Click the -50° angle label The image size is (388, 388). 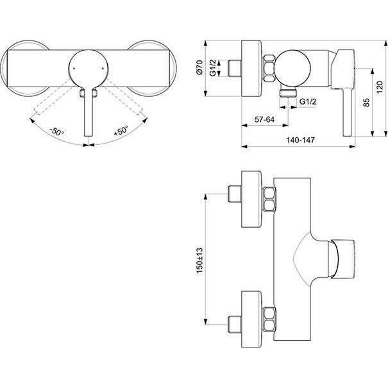(x=57, y=131)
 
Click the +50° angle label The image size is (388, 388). (x=121, y=130)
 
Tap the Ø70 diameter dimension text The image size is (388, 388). (x=199, y=67)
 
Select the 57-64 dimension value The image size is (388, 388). (x=264, y=119)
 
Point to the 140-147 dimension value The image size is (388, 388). (x=300, y=140)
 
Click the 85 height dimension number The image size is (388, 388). (x=366, y=102)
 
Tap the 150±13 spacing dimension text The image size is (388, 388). (x=199, y=260)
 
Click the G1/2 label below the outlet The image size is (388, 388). (x=308, y=101)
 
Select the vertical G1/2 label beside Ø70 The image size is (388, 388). (x=213, y=67)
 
